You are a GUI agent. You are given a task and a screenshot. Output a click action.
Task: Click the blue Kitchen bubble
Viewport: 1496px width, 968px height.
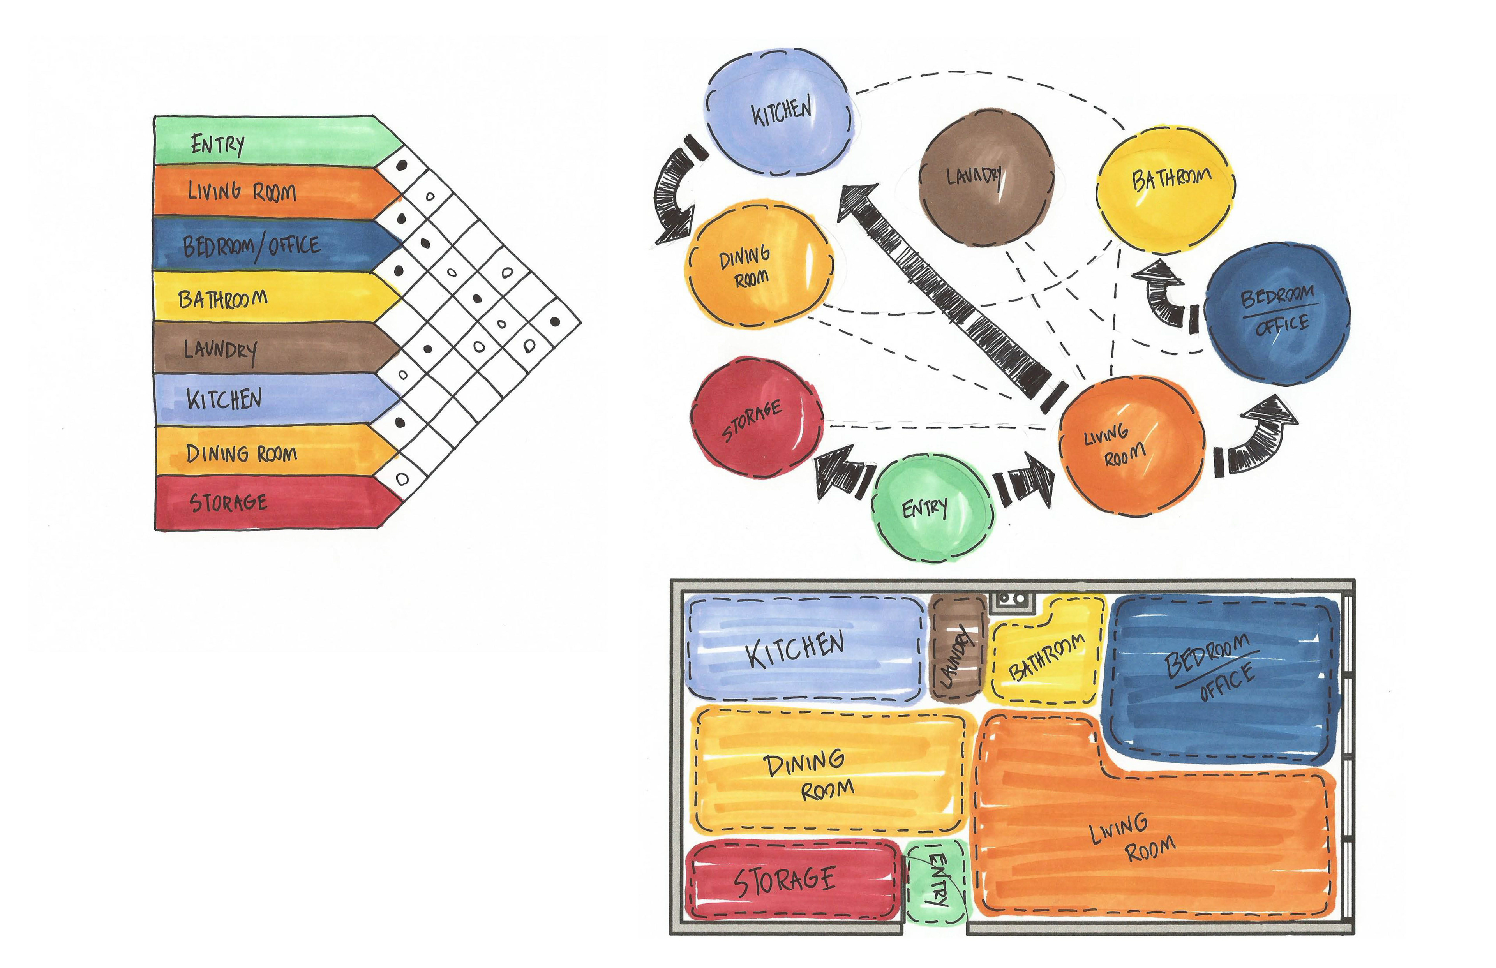(x=778, y=113)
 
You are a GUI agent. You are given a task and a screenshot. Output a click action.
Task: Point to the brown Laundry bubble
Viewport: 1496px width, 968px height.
(x=986, y=177)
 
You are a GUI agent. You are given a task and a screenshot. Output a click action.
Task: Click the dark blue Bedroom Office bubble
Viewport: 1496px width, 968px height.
(x=1278, y=313)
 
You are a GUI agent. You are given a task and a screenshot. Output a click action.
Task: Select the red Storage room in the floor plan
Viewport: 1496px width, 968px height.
(x=792, y=880)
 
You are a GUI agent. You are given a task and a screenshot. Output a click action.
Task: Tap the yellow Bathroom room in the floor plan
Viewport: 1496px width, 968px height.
(x=1046, y=657)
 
